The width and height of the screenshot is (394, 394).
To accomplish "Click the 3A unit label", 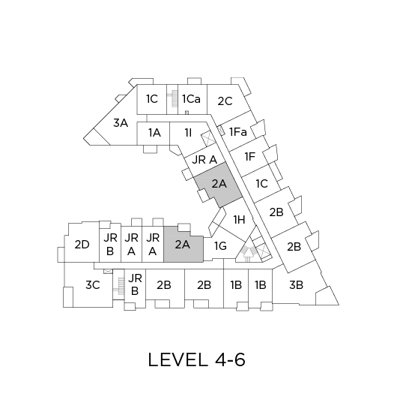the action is click(x=121, y=123).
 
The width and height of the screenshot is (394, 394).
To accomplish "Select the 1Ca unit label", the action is click(x=191, y=99).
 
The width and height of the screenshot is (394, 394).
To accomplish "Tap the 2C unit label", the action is click(x=225, y=101).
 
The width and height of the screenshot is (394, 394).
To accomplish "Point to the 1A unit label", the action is click(x=154, y=133).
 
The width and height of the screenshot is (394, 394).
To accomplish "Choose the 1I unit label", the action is click(x=188, y=132).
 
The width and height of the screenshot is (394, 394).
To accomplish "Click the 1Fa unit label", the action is click(x=238, y=132).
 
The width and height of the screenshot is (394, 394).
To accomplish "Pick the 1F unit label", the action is click(x=250, y=157).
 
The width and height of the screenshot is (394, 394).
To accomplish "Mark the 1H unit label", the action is click(x=239, y=220).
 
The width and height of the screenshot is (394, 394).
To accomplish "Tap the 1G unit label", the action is click(x=220, y=246).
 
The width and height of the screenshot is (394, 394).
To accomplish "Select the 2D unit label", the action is click(x=82, y=245).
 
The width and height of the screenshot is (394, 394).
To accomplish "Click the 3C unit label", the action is click(x=93, y=285).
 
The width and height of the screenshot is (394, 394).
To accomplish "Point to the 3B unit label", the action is click(x=296, y=285).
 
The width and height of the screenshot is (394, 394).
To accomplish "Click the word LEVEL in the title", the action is click(x=178, y=359).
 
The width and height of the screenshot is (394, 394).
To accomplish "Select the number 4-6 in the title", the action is click(x=230, y=359).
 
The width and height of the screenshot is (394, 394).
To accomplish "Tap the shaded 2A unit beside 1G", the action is click(x=184, y=245).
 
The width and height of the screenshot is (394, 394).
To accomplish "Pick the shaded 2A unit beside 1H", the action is click(x=219, y=185).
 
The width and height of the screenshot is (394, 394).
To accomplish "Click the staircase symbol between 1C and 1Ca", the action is click(x=172, y=99).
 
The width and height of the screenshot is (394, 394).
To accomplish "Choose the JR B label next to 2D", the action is click(x=110, y=245).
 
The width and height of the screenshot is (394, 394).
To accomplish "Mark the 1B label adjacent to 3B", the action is click(x=261, y=285).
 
